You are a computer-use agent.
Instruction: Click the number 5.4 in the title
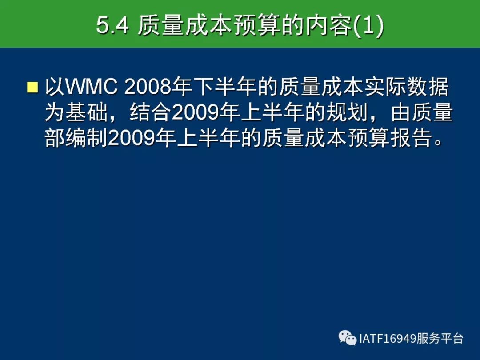[x=112, y=25]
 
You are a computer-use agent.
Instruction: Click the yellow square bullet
[x=32, y=87]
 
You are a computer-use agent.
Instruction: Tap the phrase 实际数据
[x=407, y=87]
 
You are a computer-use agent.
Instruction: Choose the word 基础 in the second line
[x=86, y=112]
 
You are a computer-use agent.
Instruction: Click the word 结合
[x=150, y=112]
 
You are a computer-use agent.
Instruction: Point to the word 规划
[x=346, y=112]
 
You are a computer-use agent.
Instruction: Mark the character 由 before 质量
[x=400, y=112]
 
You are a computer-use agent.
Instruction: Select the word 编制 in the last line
[x=86, y=137]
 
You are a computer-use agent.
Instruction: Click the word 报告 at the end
[x=411, y=137]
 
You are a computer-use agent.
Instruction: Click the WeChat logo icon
[x=348, y=338]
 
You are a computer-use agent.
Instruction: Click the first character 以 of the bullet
[x=55, y=87]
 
